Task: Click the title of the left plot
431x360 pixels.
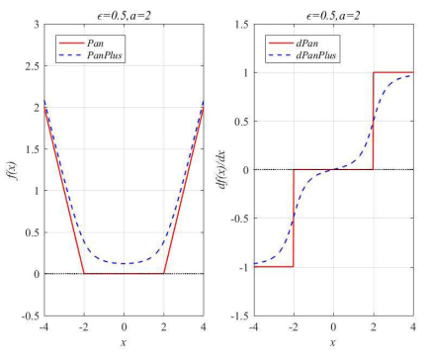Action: pos(124,9)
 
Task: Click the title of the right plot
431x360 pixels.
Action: pos(334,9)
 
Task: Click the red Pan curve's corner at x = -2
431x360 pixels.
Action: pos(84,273)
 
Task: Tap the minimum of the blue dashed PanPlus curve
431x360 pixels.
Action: pos(124,264)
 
